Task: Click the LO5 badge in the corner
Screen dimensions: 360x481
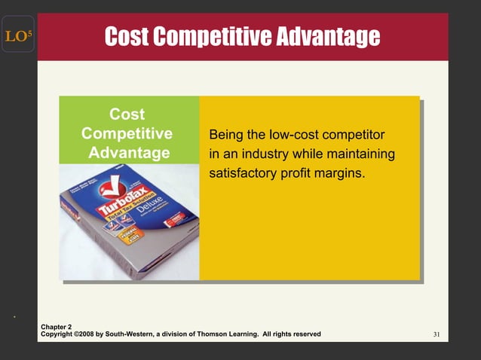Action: tap(16, 35)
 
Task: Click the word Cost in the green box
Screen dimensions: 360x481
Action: tap(127, 114)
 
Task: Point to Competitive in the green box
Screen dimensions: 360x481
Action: tap(127, 134)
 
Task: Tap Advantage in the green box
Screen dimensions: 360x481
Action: tap(129, 153)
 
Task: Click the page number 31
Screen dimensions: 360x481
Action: tap(437, 334)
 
